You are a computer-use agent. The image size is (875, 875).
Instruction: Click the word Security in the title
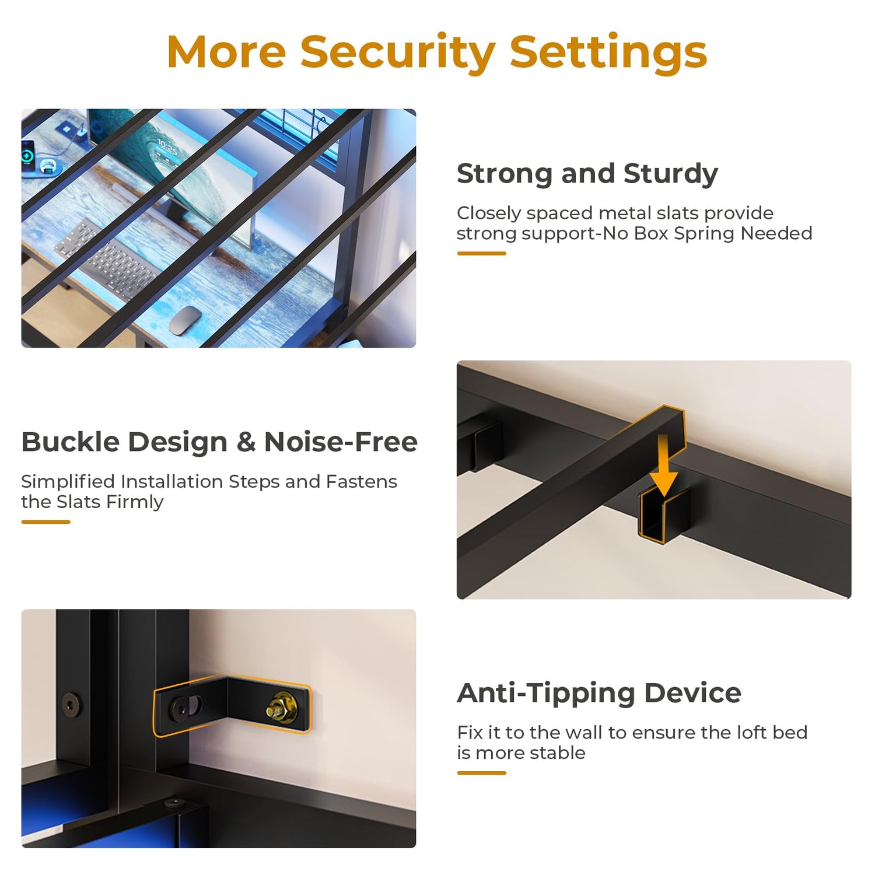click(397, 53)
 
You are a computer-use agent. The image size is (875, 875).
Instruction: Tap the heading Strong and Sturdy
click(587, 174)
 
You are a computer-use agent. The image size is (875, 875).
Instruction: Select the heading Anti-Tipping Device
click(599, 694)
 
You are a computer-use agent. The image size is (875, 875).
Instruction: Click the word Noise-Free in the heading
click(341, 442)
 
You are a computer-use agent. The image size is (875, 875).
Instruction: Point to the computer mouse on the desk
click(185, 320)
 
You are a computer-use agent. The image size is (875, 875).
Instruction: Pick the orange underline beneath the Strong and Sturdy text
click(481, 253)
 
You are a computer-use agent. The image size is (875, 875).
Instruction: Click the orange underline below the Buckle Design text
click(45, 521)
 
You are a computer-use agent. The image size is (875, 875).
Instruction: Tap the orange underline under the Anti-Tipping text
click(481, 773)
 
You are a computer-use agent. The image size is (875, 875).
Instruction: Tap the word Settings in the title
click(608, 53)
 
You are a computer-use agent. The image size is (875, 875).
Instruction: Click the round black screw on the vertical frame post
click(72, 704)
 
